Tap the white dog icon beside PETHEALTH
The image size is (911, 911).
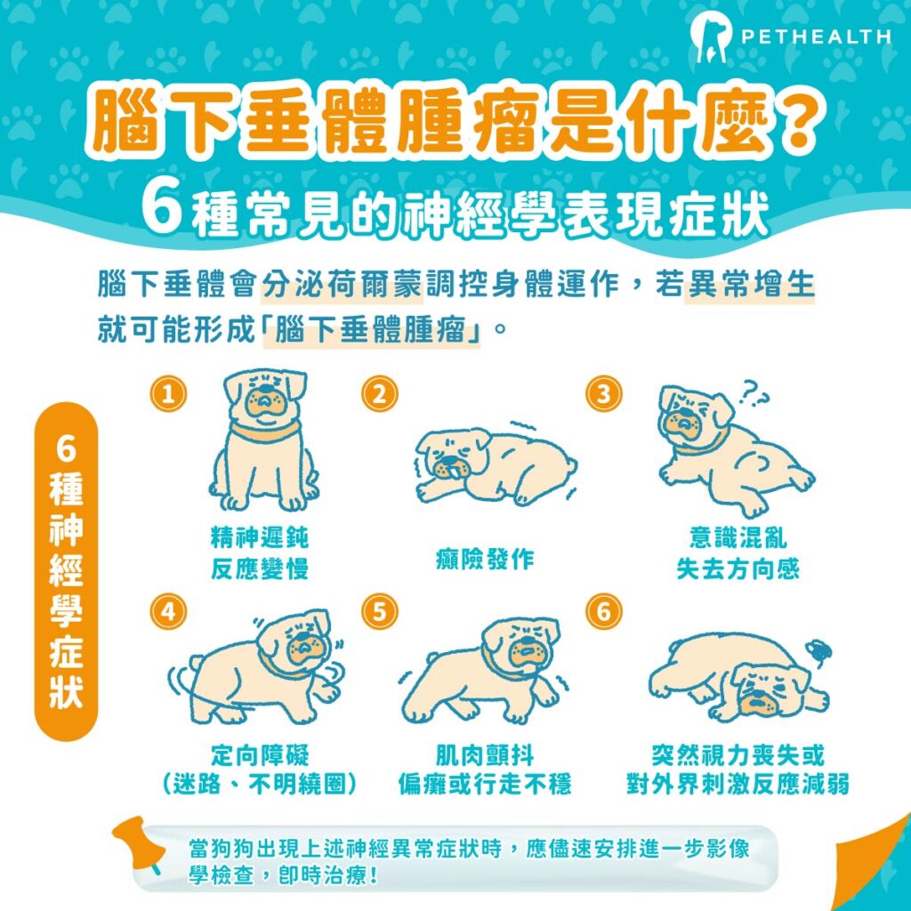click(x=710, y=36)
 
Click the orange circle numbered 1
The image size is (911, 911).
click(x=167, y=393)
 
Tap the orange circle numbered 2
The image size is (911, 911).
click(x=380, y=393)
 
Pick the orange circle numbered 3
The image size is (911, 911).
click(x=604, y=393)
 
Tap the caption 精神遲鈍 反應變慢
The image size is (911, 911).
click(x=260, y=553)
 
